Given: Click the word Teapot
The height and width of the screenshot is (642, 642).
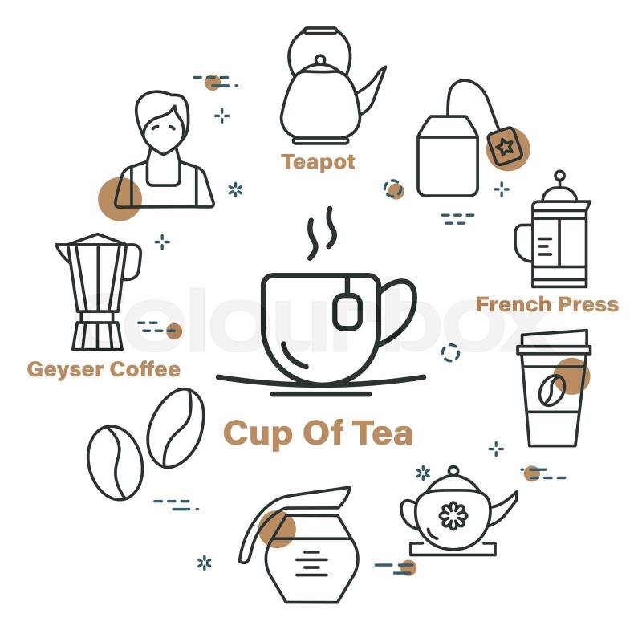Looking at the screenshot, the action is coord(318,162).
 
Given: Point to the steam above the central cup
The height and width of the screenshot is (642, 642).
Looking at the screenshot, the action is coord(322,233).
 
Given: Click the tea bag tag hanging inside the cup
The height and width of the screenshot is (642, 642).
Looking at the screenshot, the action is coord(348,312).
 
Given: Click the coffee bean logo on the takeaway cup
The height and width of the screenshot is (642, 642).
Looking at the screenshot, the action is coord(551,390).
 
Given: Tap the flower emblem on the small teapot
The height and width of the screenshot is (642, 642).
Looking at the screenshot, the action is coord(453,515).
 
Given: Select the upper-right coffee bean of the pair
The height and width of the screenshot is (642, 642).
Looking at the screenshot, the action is coord(176,428).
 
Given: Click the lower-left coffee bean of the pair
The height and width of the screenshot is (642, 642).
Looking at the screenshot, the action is coord(115,463).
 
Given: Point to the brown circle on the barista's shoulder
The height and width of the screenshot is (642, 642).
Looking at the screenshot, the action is coord(120,199).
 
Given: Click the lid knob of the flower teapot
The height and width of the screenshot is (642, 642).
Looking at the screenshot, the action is coord(453,471).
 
